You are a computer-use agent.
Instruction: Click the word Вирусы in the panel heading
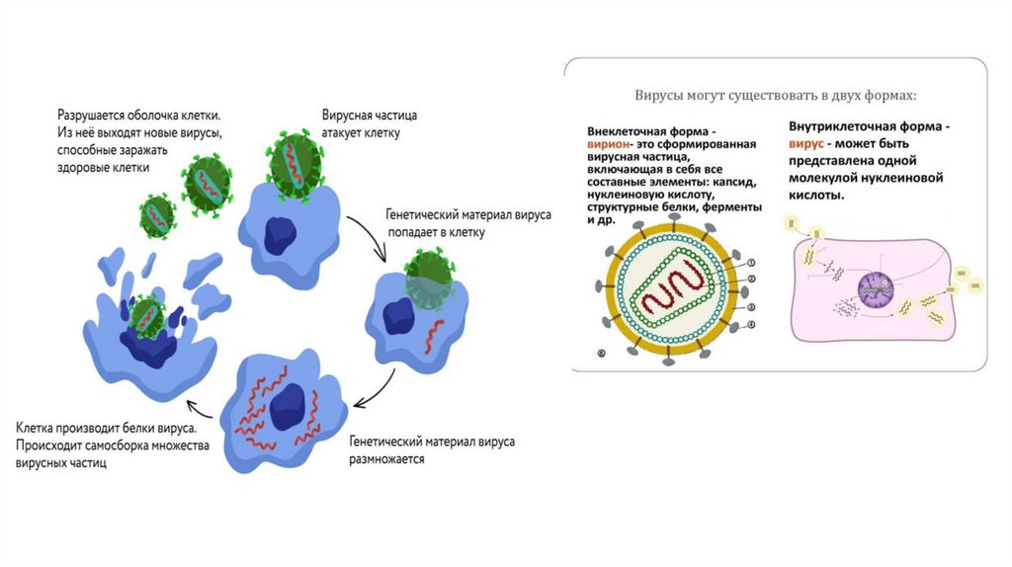[x=660, y=96]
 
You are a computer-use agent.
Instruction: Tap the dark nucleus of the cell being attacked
[x=283, y=233]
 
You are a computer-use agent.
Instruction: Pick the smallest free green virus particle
[x=156, y=215]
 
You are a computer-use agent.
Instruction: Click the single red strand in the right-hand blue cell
[x=435, y=338]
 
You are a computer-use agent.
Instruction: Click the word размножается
[x=385, y=459]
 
